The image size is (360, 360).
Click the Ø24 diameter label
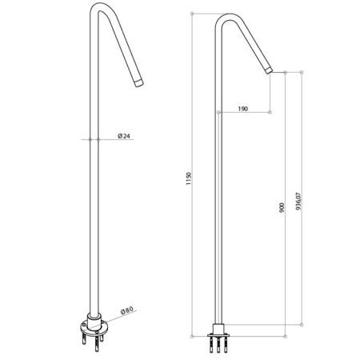tap(124, 137)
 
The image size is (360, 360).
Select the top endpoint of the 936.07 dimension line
tap(302, 70)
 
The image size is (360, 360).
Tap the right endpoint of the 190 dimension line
tap(273, 113)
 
